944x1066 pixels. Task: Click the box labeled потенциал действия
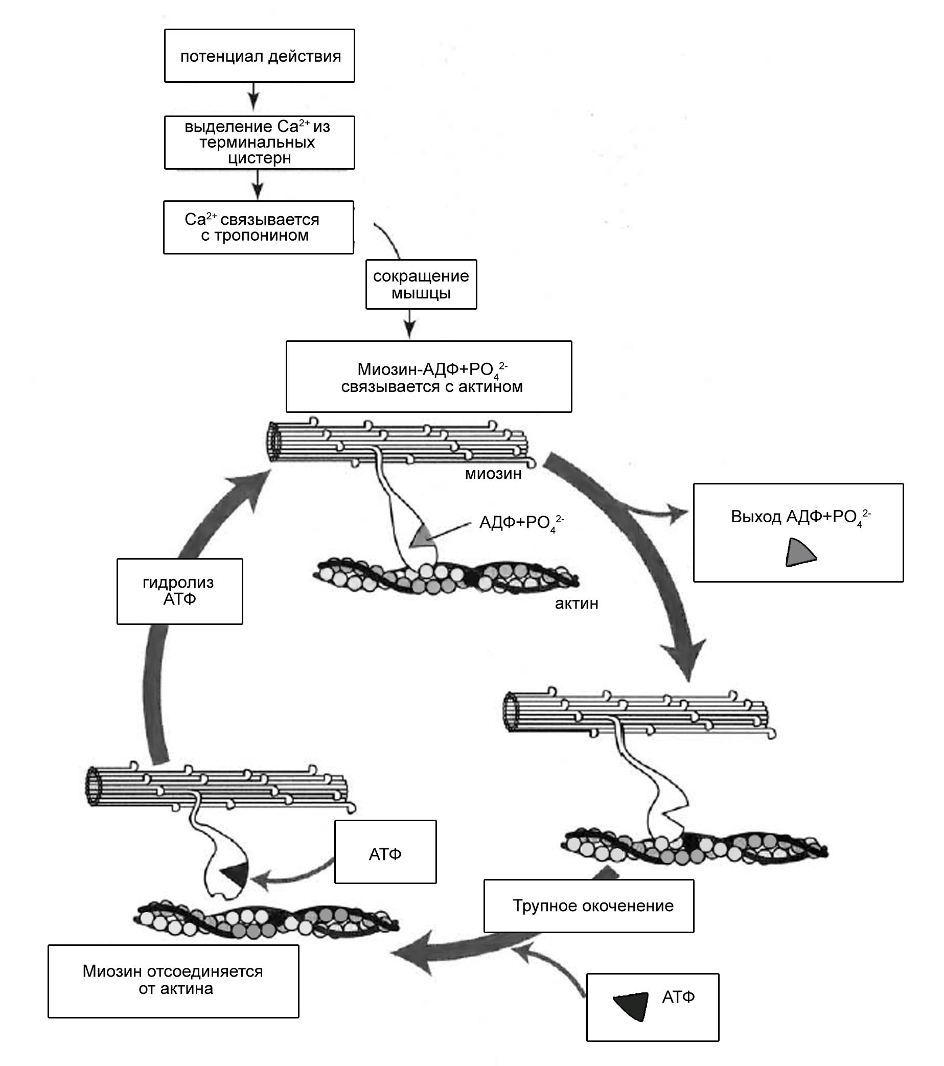(259, 56)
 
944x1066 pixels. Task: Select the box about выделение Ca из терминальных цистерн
(259, 143)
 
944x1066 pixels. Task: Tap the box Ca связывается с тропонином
(258, 227)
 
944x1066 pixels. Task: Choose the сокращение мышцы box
(421, 284)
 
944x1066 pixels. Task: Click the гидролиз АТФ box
(179, 591)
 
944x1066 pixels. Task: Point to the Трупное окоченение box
(588, 906)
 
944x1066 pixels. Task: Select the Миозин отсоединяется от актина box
(173, 981)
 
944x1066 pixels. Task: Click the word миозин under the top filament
(493, 474)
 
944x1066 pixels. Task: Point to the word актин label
(577, 604)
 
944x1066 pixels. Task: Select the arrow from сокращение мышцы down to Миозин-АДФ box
(410, 323)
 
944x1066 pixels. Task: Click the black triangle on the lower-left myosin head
(234, 874)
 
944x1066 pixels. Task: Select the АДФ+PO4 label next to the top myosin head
(521, 523)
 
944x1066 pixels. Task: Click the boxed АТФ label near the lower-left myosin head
(385, 854)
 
